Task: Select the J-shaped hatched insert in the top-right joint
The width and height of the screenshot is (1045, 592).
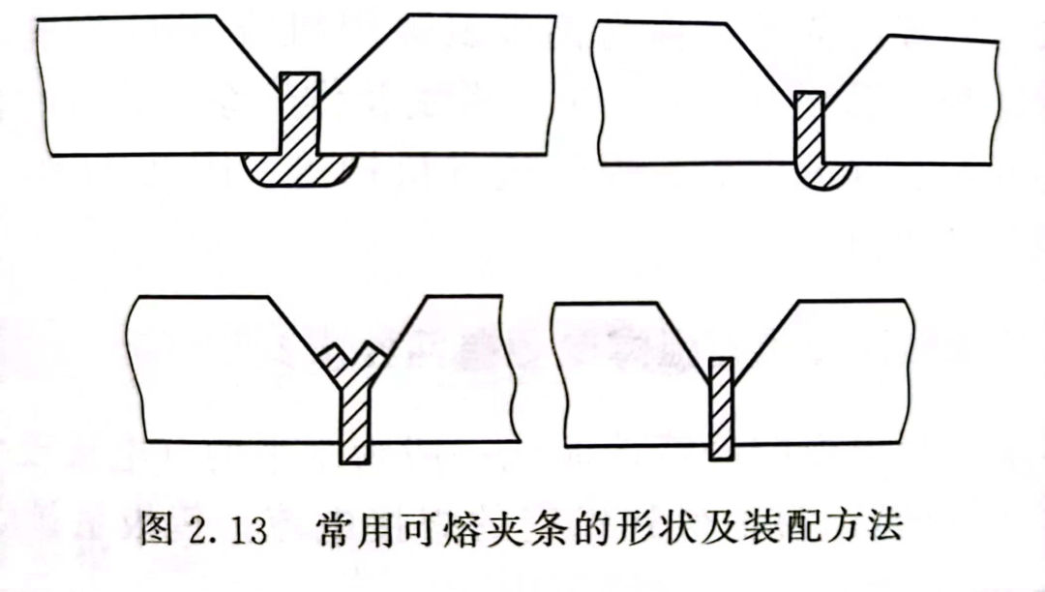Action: point(809,140)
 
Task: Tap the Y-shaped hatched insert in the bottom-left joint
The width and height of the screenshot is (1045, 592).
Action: point(355,406)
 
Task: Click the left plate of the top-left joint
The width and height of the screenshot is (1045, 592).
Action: point(145,87)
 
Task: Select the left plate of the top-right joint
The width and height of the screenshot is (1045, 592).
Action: point(677,97)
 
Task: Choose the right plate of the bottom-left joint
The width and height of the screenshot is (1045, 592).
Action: point(445,377)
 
